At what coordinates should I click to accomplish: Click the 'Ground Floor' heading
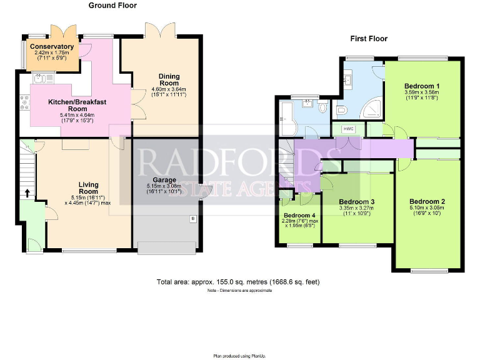point(112,6)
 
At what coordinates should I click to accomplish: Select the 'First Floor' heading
point(368,39)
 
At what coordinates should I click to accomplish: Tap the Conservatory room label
point(51,47)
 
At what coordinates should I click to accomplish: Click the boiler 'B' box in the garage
point(192,219)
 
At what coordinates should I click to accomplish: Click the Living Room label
point(89,187)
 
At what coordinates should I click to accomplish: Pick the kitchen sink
point(40,78)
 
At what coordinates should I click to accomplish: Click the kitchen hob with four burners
point(25,102)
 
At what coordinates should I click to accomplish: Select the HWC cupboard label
point(348,129)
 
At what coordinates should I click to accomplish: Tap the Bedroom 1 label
point(422,86)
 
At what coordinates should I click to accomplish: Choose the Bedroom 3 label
point(356,201)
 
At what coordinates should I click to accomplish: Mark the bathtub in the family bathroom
point(287,117)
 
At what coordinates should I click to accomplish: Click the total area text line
point(238,282)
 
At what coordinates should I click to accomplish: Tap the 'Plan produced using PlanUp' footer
point(239,356)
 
